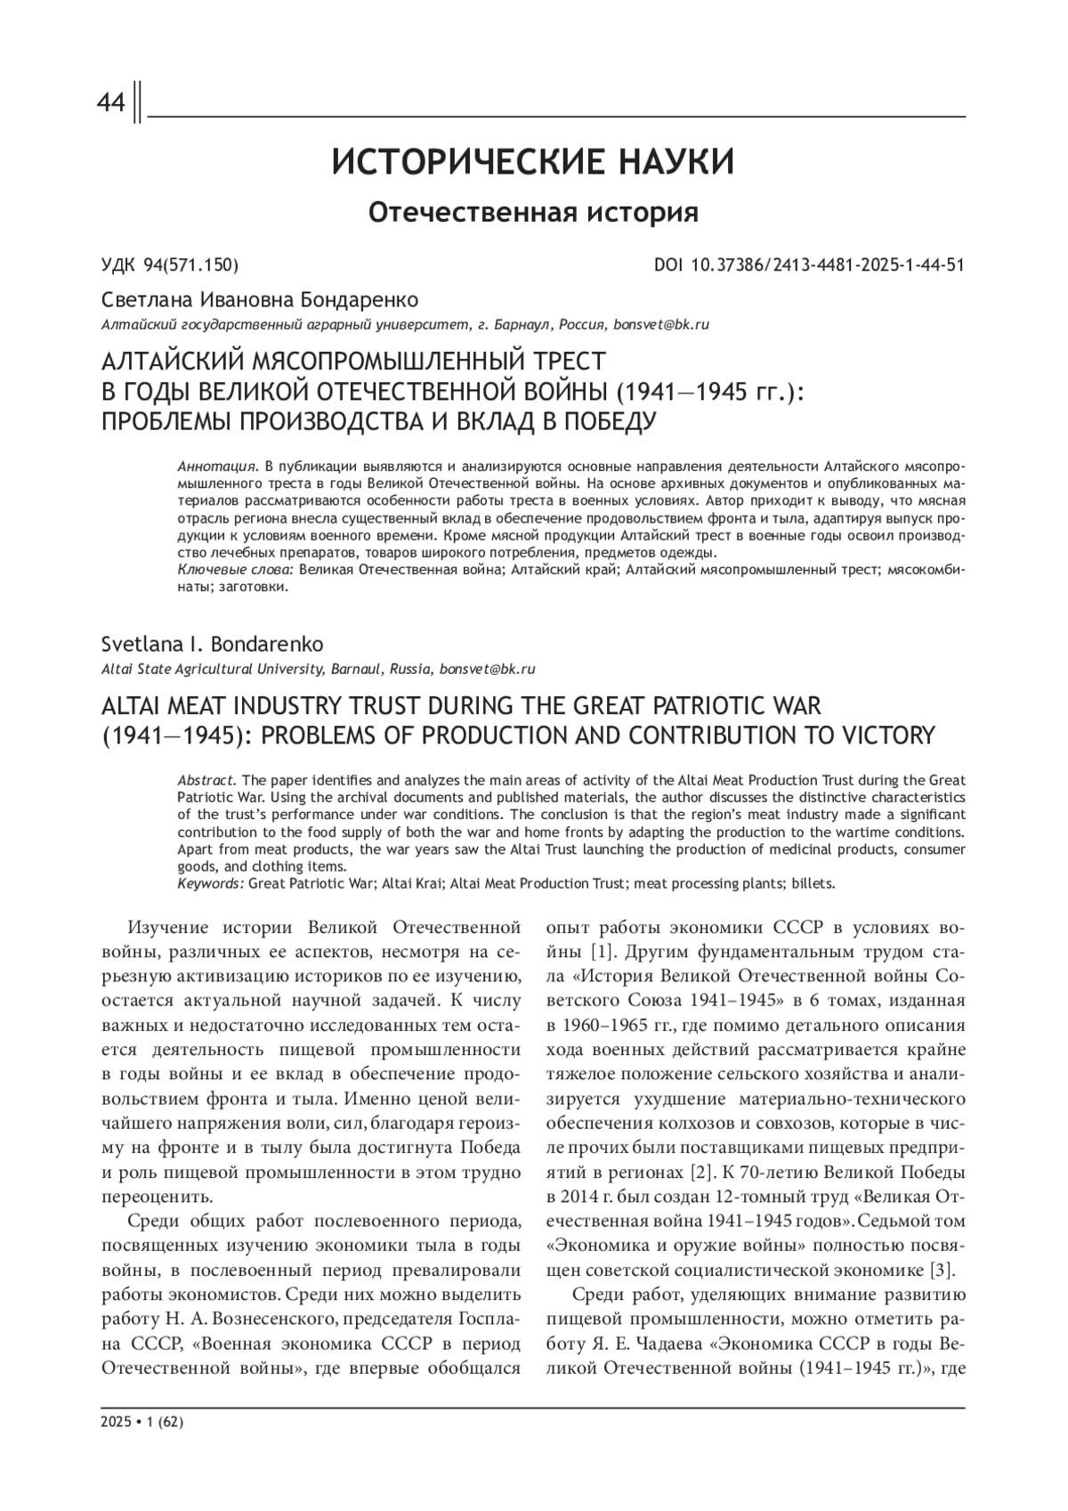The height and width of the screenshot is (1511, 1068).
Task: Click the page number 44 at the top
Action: coord(111,105)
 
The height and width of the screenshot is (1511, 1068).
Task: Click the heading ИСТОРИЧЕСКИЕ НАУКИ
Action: coord(533,164)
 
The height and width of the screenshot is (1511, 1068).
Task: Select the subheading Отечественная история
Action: coord(533,213)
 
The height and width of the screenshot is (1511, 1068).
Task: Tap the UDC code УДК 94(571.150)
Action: coord(170,265)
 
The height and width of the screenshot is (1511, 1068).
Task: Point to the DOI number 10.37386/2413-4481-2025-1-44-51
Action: coord(828,265)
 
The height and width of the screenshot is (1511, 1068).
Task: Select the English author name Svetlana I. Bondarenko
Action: coord(213,644)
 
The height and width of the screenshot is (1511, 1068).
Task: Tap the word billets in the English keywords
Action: coord(810,884)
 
